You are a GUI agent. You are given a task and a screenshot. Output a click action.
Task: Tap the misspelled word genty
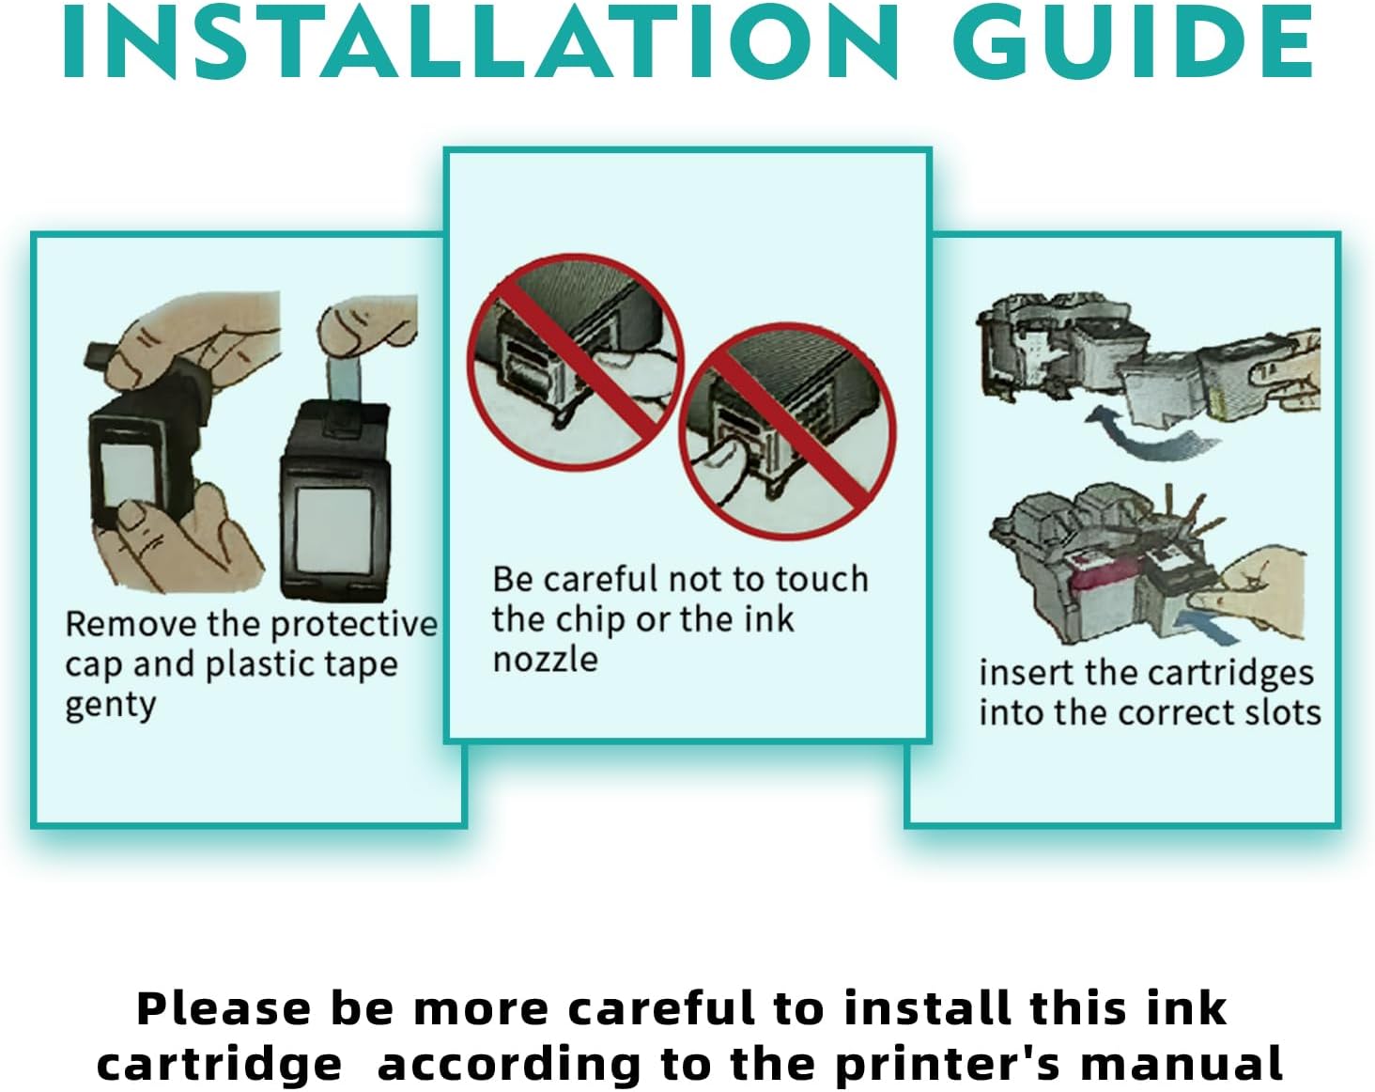tap(111, 707)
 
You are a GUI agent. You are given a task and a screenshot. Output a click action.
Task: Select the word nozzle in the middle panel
tap(545, 659)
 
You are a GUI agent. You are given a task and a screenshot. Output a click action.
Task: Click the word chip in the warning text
tap(589, 620)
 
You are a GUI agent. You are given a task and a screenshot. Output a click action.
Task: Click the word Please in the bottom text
tap(224, 1008)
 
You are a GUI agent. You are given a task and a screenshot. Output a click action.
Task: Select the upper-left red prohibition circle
tap(576, 363)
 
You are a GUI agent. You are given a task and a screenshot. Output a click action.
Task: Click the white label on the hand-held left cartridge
tap(128, 474)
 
